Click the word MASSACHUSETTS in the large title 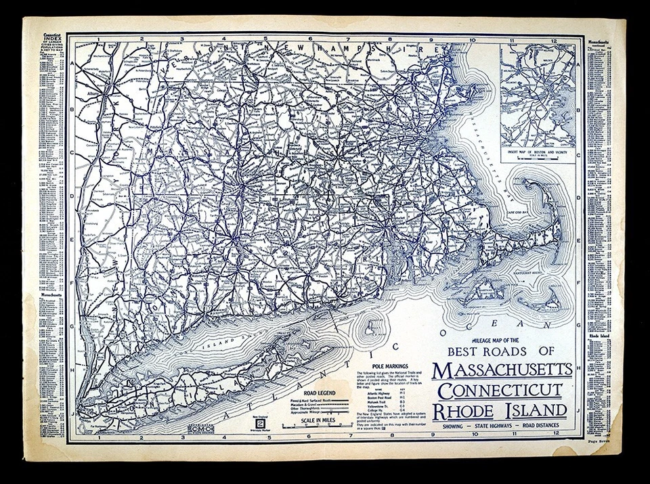point(503,371)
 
